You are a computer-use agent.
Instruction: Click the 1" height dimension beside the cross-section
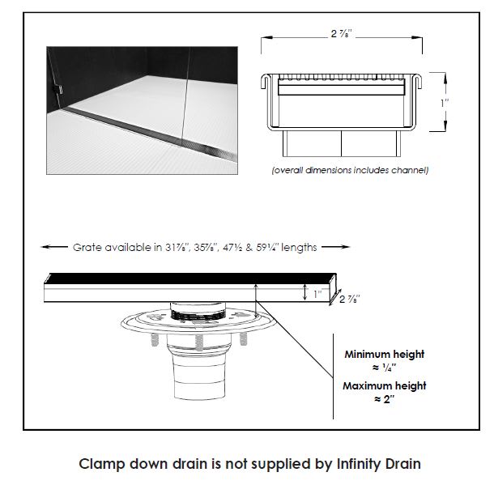[x=445, y=102]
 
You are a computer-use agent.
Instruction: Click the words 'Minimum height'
[x=384, y=354]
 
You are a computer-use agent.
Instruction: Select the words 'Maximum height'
[x=384, y=385]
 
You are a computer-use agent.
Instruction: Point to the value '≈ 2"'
[x=384, y=400]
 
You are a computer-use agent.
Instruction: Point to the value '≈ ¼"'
[x=384, y=368]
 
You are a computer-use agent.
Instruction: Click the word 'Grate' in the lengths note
[x=88, y=247]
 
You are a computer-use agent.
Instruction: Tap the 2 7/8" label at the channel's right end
[x=350, y=300]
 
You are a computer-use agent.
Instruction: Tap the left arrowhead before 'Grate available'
[x=47, y=247]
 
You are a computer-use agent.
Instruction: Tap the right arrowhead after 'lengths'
[x=339, y=247]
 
